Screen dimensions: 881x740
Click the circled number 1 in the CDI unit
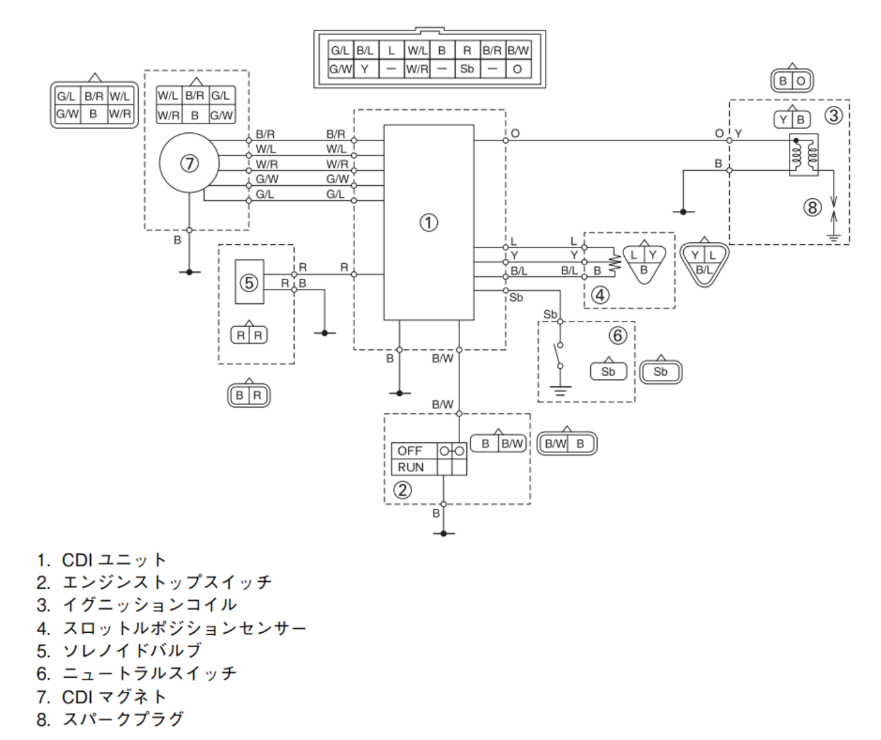click(x=429, y=222)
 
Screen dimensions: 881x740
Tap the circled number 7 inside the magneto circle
click(x=190, y=163)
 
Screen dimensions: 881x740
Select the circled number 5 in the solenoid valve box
click(x=249, y=283)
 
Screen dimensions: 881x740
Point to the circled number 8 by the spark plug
click(x=813, y=208)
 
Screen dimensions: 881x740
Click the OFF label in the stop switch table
click(x=409, y=450)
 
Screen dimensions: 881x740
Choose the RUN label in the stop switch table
click(x=411, y=467)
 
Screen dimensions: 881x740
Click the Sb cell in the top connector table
click(x=467, y=69)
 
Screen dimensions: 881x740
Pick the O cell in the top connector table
click(x=518, y=69)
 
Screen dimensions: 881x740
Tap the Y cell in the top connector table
click(x=365, y=69)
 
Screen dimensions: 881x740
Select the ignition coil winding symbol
click(x=804, y=155)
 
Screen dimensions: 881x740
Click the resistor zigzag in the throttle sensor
click(x=615, y=262)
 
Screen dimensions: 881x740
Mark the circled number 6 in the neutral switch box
click(x=617, y=335)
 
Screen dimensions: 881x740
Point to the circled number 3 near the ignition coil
click(x=834, y=115)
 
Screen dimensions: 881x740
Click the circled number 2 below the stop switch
click(x=402, y=490)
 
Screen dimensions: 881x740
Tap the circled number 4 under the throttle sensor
click(x=600, y=295)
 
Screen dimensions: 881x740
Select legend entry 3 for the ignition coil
click(x=136, y=605)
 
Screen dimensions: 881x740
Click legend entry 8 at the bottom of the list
click(x=110, y=719)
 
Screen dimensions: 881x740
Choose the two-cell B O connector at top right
click(x=792, y=80)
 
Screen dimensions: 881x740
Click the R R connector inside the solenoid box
click(x=249, y=335)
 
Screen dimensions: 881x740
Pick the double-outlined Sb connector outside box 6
click(x=661, y=372)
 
